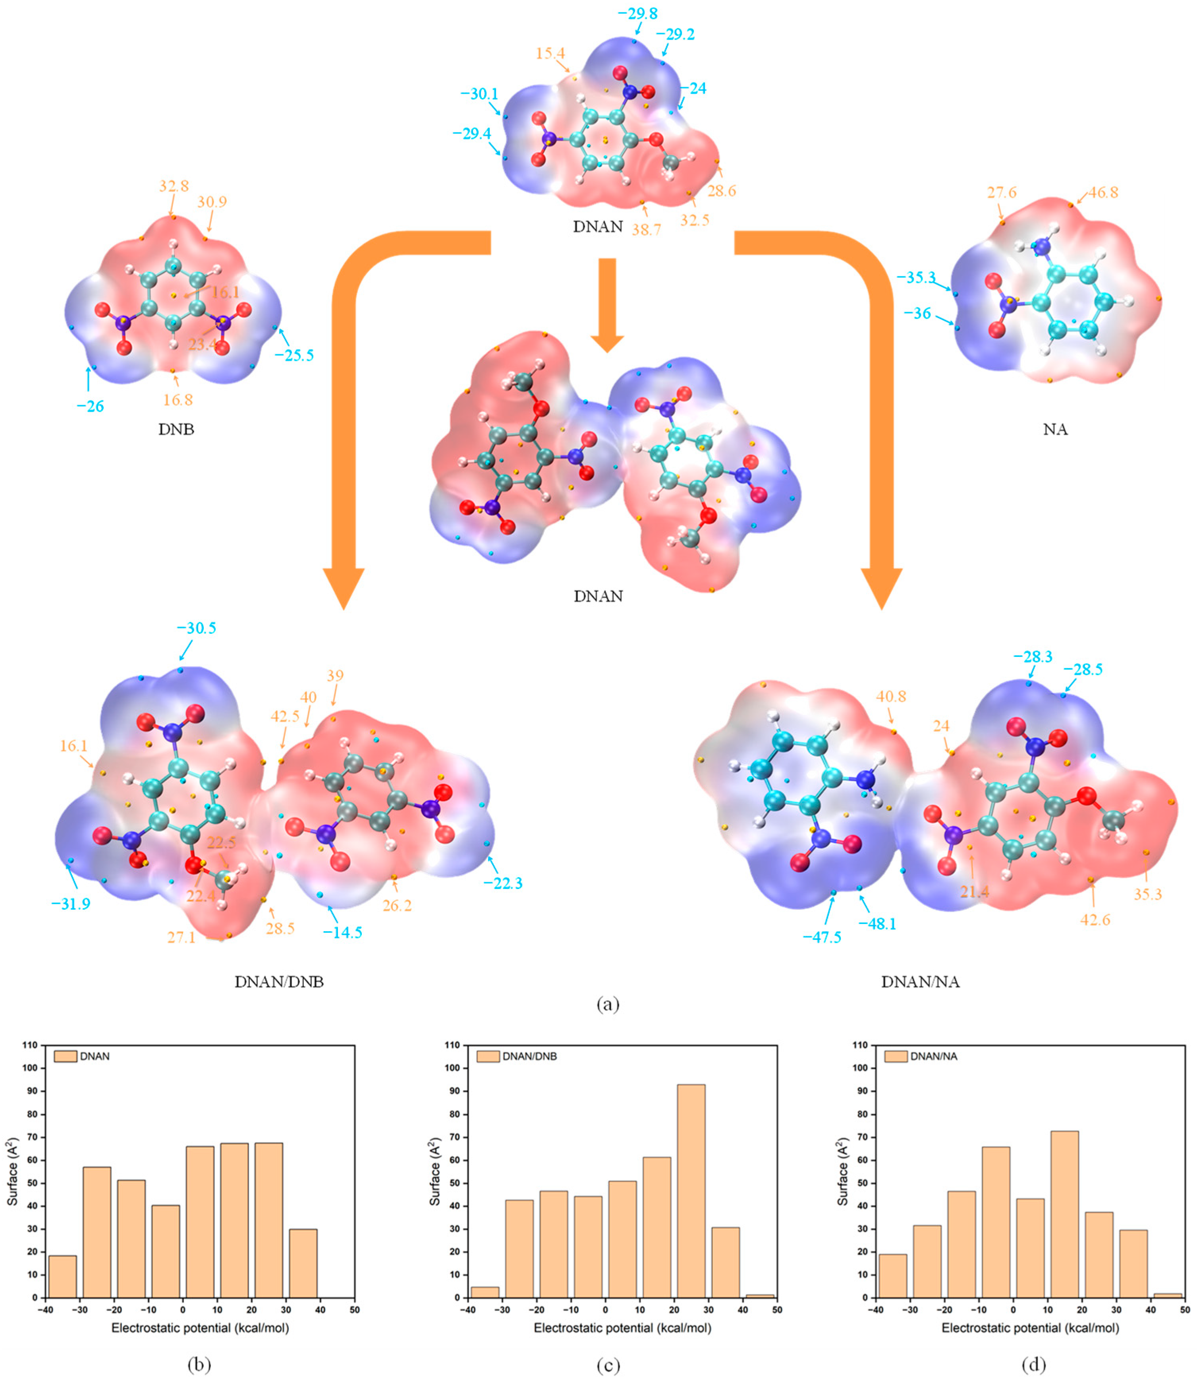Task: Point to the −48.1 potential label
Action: pos(877,924)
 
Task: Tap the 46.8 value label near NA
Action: pos(1103,192)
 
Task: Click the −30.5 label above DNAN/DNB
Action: pos(196,628)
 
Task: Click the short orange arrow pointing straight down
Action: pos(606,304)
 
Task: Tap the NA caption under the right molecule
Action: pos(1055,429)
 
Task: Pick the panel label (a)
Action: pos(607,1003)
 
